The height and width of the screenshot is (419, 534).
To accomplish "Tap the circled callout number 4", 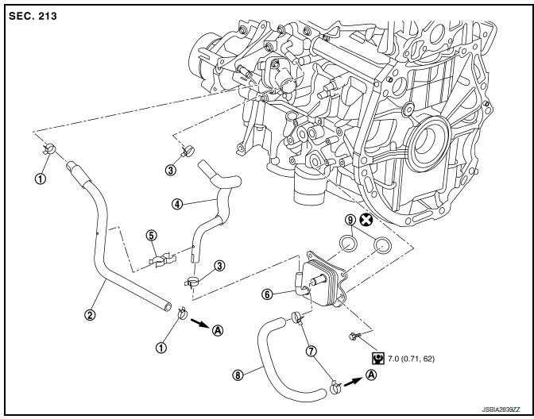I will (177, 203).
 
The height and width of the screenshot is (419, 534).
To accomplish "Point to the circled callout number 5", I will (152, 235).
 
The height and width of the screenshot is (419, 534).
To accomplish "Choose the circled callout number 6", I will (268, 294).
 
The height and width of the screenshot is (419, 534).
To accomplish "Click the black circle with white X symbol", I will (367, 220).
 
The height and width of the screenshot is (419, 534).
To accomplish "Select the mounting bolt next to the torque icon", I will (354, 336).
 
